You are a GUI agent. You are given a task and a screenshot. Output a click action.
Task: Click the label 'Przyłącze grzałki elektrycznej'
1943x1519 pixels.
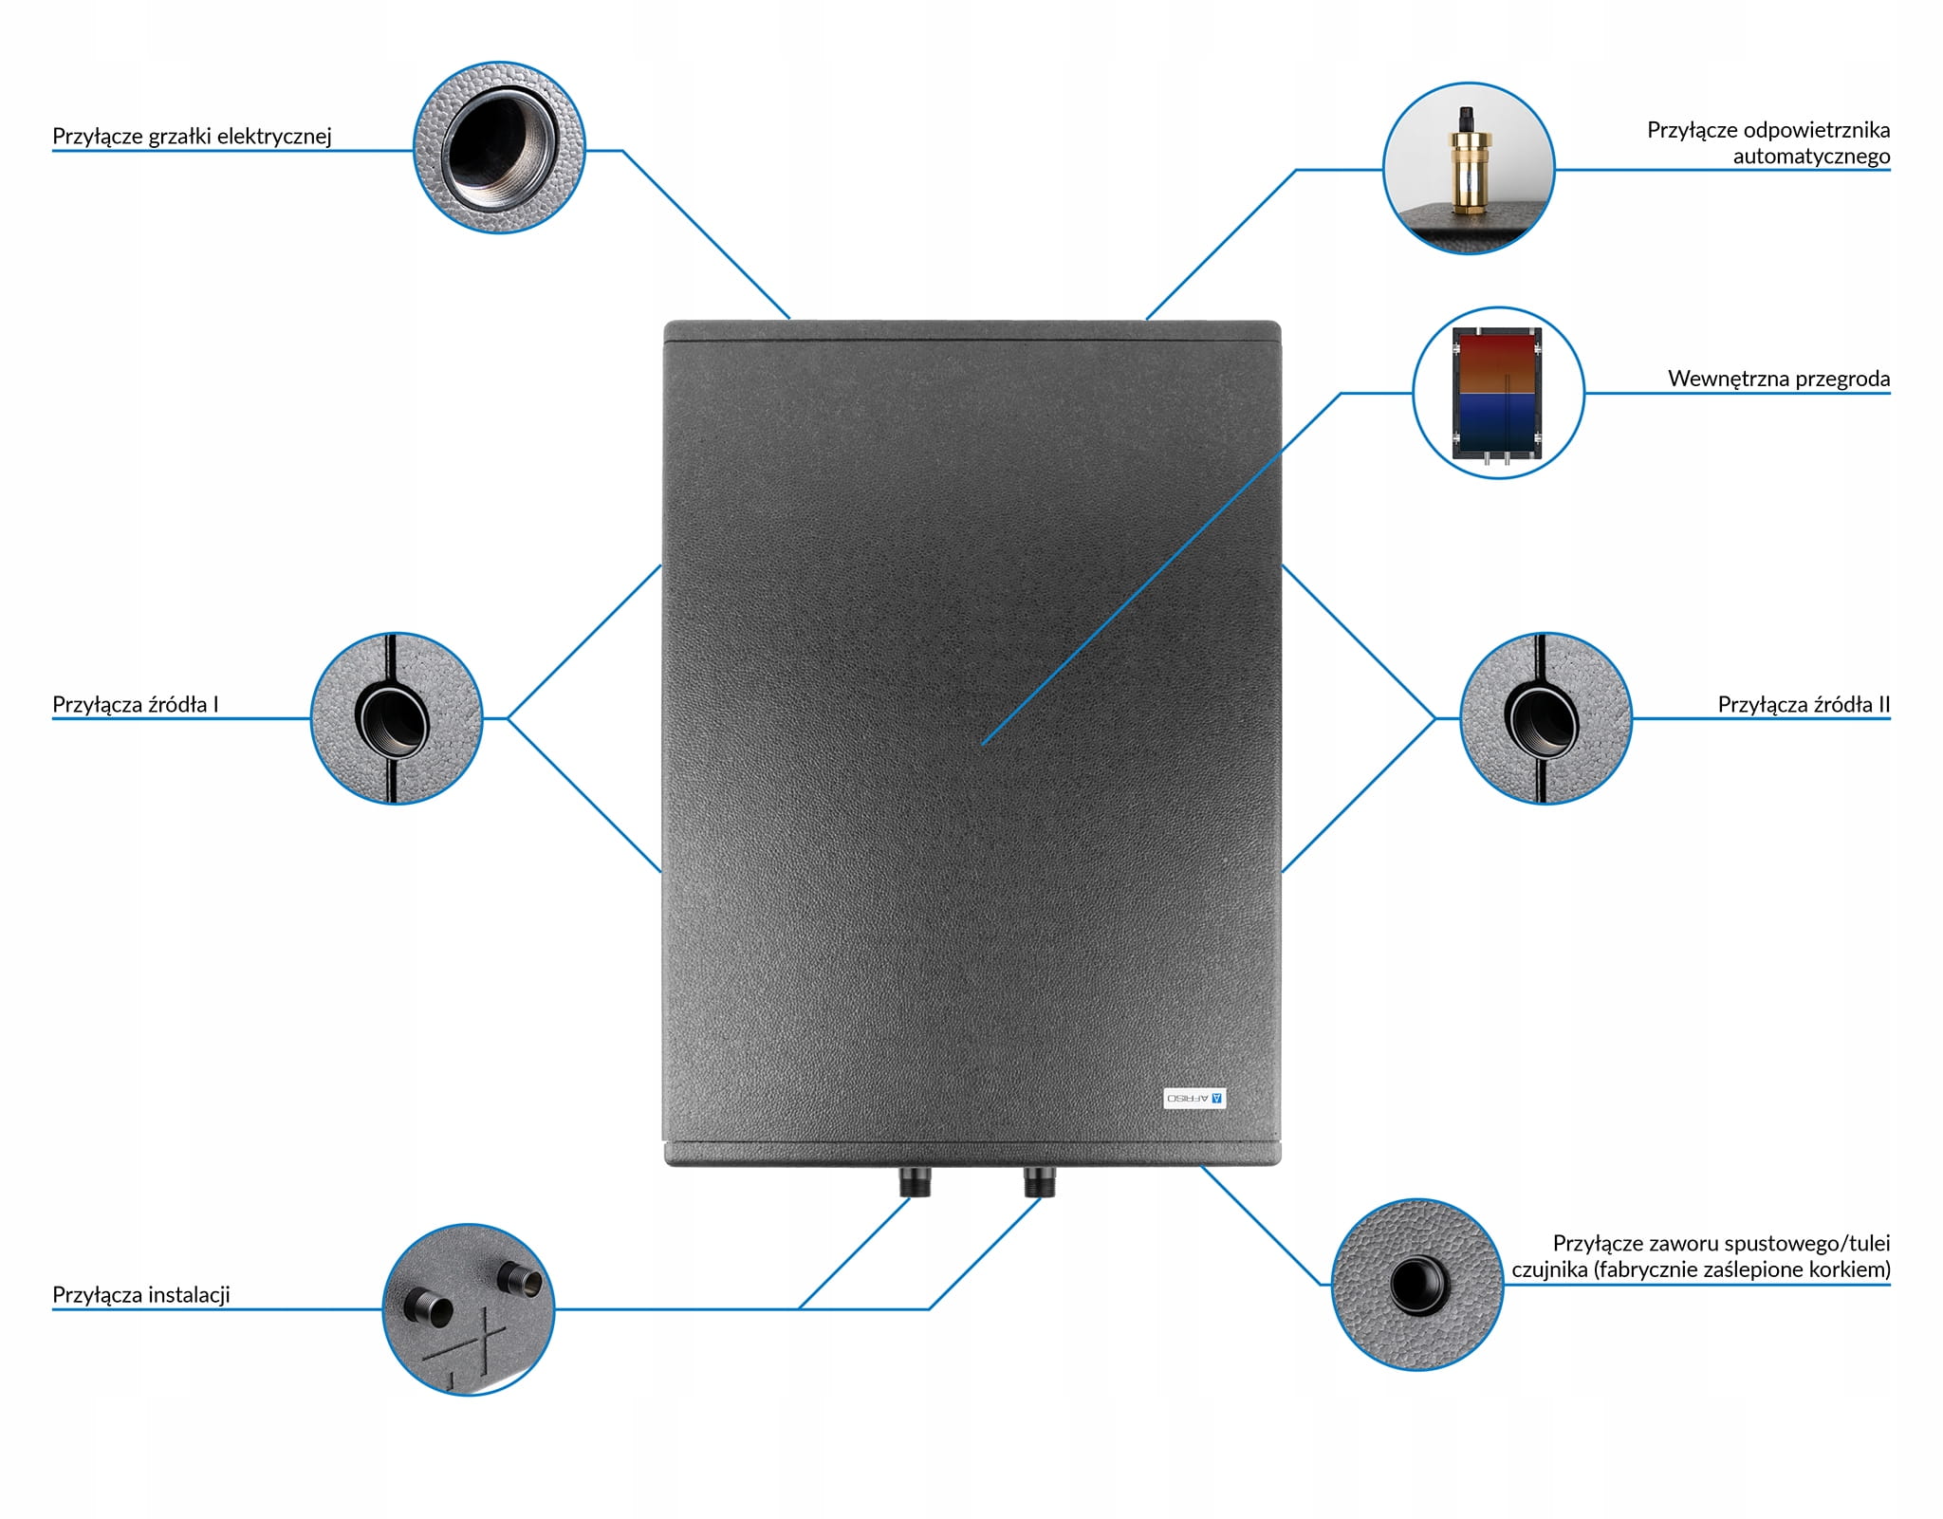click(192, 137)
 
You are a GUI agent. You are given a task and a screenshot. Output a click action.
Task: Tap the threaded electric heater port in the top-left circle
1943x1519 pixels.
click(493, 146)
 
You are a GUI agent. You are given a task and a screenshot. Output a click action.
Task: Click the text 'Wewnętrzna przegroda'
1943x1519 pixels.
click(1778, 379)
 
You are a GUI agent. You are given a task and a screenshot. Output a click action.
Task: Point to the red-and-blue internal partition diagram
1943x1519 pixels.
click(1497, 393)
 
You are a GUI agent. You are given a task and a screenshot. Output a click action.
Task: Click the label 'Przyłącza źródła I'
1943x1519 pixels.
click(135, 705)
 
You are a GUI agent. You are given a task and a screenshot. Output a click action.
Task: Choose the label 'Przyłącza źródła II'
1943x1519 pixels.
click(1803, 705)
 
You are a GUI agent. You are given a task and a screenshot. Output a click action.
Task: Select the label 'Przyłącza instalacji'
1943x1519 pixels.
click(140, 1295)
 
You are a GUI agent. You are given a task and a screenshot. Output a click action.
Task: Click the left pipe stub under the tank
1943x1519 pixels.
click(915, 1182)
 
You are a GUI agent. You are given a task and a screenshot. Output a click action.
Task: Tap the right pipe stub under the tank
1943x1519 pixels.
click(1040, 1182)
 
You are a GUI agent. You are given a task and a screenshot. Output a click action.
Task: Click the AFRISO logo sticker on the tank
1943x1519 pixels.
click(1194, 1098)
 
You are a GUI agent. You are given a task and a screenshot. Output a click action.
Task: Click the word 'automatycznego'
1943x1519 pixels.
click(1810, 157)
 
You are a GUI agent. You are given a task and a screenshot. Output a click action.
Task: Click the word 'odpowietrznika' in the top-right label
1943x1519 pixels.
click(1816, 130)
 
